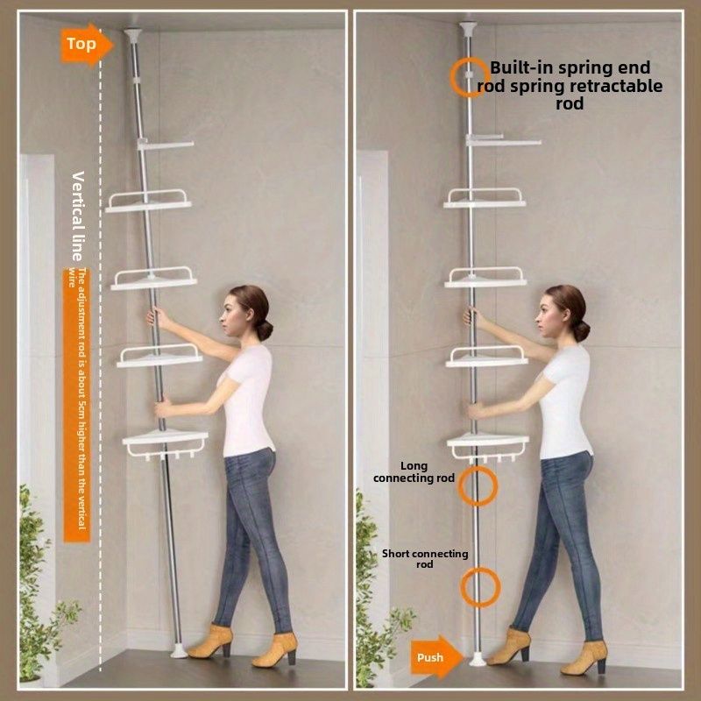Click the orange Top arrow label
click(x=86, y=45)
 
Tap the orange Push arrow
click(x=436, y=656)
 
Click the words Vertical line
click(x=78, y=216)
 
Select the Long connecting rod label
click(x=414, y=472)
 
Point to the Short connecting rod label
click(x=425, y=559)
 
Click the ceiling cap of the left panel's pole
click(x=133, y=35)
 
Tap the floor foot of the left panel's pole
click(x=179, y=651)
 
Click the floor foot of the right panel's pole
click(x=477, y=659)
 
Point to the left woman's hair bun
click(x=265, y=330)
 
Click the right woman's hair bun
click(x=581, y=331)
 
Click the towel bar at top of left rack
click(x=166, y=145)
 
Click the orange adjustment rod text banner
click(x=77, y=405)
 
